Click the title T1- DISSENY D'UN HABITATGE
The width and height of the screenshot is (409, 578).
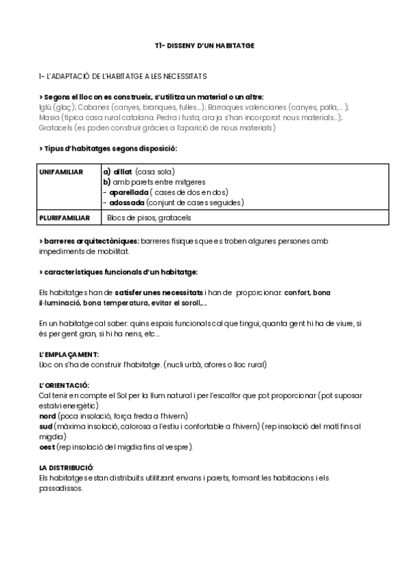pyautogui.click(x=204, y=46)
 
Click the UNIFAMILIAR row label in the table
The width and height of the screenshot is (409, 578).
pyautogui.click(x=61, y=172)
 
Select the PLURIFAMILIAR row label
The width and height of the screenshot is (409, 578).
pyautogui.click(x=63, y=218)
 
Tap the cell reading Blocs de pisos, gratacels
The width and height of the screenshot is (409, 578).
pyautogui.click(x=149, y=218)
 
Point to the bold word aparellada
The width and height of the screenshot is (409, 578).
pyautogui.click(x=129, y=192)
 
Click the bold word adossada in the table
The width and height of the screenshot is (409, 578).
pyautogui.click(x=127, y=202)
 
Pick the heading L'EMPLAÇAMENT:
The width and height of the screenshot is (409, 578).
pyautogui.click(x=69, y=354)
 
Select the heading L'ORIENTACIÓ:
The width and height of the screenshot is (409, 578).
pyautogui.click(x=65, y=385)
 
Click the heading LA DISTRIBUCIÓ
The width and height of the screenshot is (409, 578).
pyautogui.click(x=66, y=468)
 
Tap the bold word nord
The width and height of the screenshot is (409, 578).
pyautogui.click(x=48, y=416)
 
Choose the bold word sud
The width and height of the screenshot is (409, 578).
pyautogui.click(x=47, y=426)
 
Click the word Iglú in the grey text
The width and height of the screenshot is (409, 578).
pyautogui.click(x=47, y=107)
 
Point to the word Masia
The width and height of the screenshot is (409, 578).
pyautogui.click(x=50, y=117)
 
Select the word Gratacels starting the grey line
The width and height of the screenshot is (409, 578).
pyautogui.click(x=56, y=127)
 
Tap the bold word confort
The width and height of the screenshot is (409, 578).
pyautogui.click(x=299, y=292)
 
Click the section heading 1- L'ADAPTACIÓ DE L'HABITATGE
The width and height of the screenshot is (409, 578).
pyautogui.click(x=123, y=76)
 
